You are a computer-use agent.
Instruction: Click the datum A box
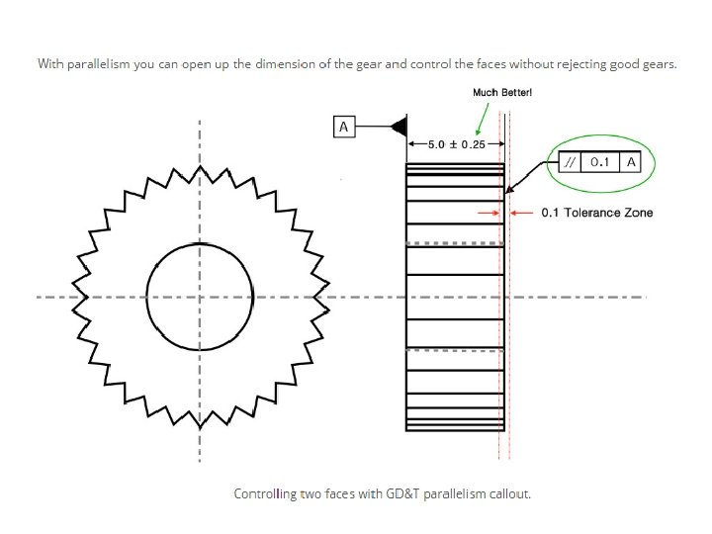pos(343,128)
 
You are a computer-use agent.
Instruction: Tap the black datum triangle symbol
pos(400,128)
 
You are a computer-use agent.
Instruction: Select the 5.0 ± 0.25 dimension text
pos(456,144)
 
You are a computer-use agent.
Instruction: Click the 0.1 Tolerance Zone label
pos(596,213)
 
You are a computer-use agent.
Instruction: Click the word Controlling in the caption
pos(264,492)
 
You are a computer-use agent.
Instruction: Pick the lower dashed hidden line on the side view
pos(456,350)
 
